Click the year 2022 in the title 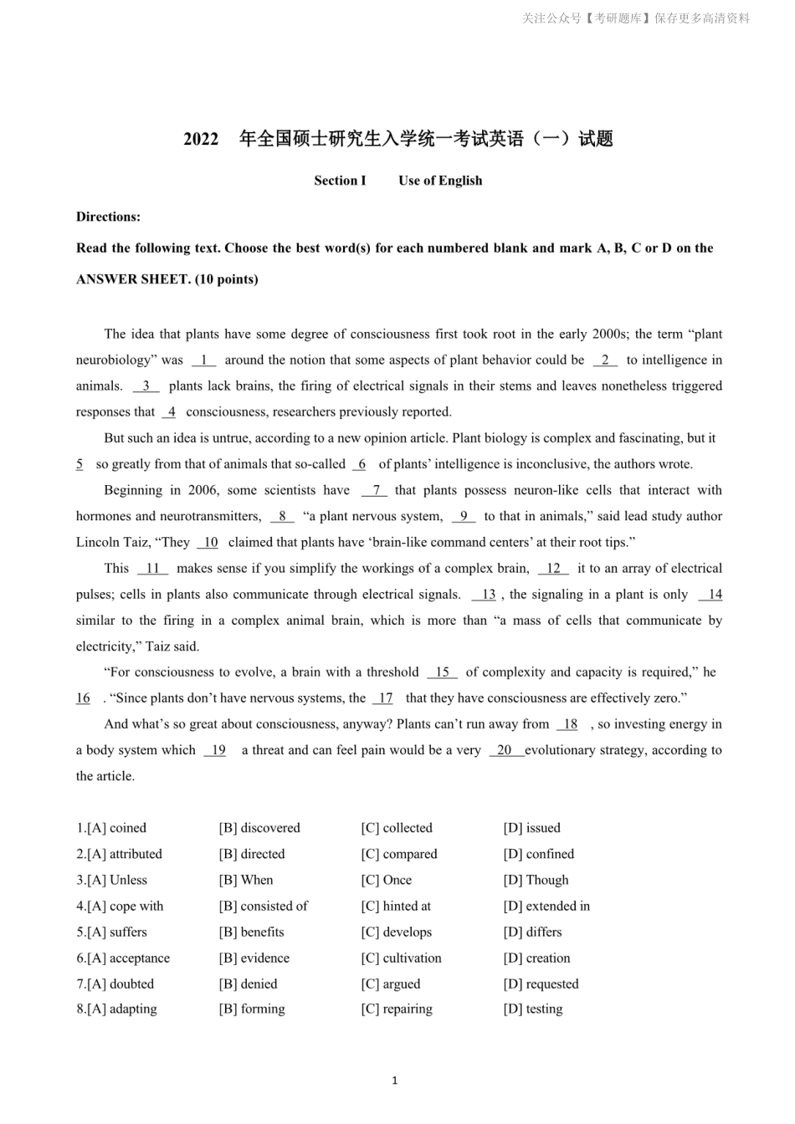click(x=201, y=140)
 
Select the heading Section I click(x=340, y=181)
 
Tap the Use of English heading click(x=440, y=181)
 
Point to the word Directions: click(x=108, y=217)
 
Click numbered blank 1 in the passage click(x=203, y=360)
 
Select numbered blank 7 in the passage click(x=375, y=490)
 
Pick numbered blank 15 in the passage click(x=442, y=672)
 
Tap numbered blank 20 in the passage click(x=505, y=750)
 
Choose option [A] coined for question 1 click(x=116, y=828)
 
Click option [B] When click(x=246, y=880)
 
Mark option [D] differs click(x=532, y=932)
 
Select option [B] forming click(x=252, y=1009)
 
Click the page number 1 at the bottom click(x=395, y=1081)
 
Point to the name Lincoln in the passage click(x=100, y=542)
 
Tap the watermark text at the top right click(x=636, y=18)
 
